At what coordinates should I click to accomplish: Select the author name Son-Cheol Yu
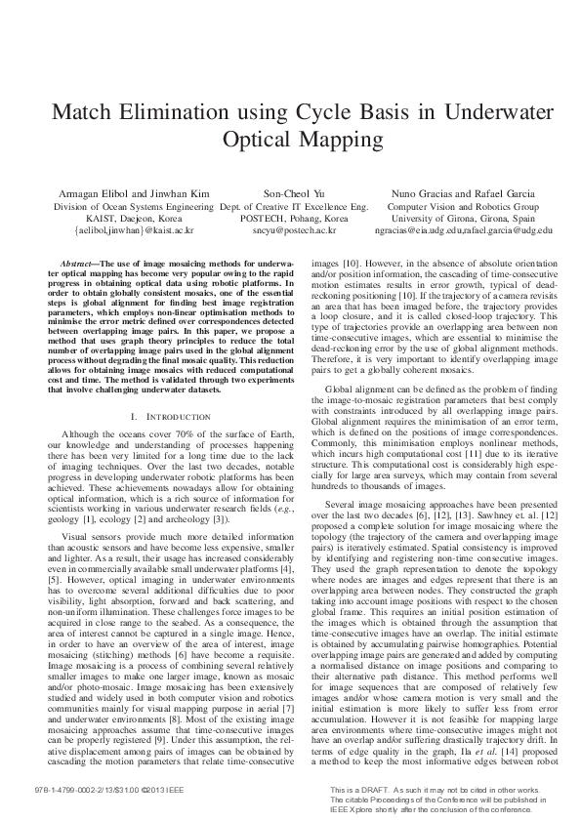pyautogui.click(x=292, y=194)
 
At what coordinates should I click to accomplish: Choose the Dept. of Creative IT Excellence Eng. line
pyautogui.click(x=293, y=207)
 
